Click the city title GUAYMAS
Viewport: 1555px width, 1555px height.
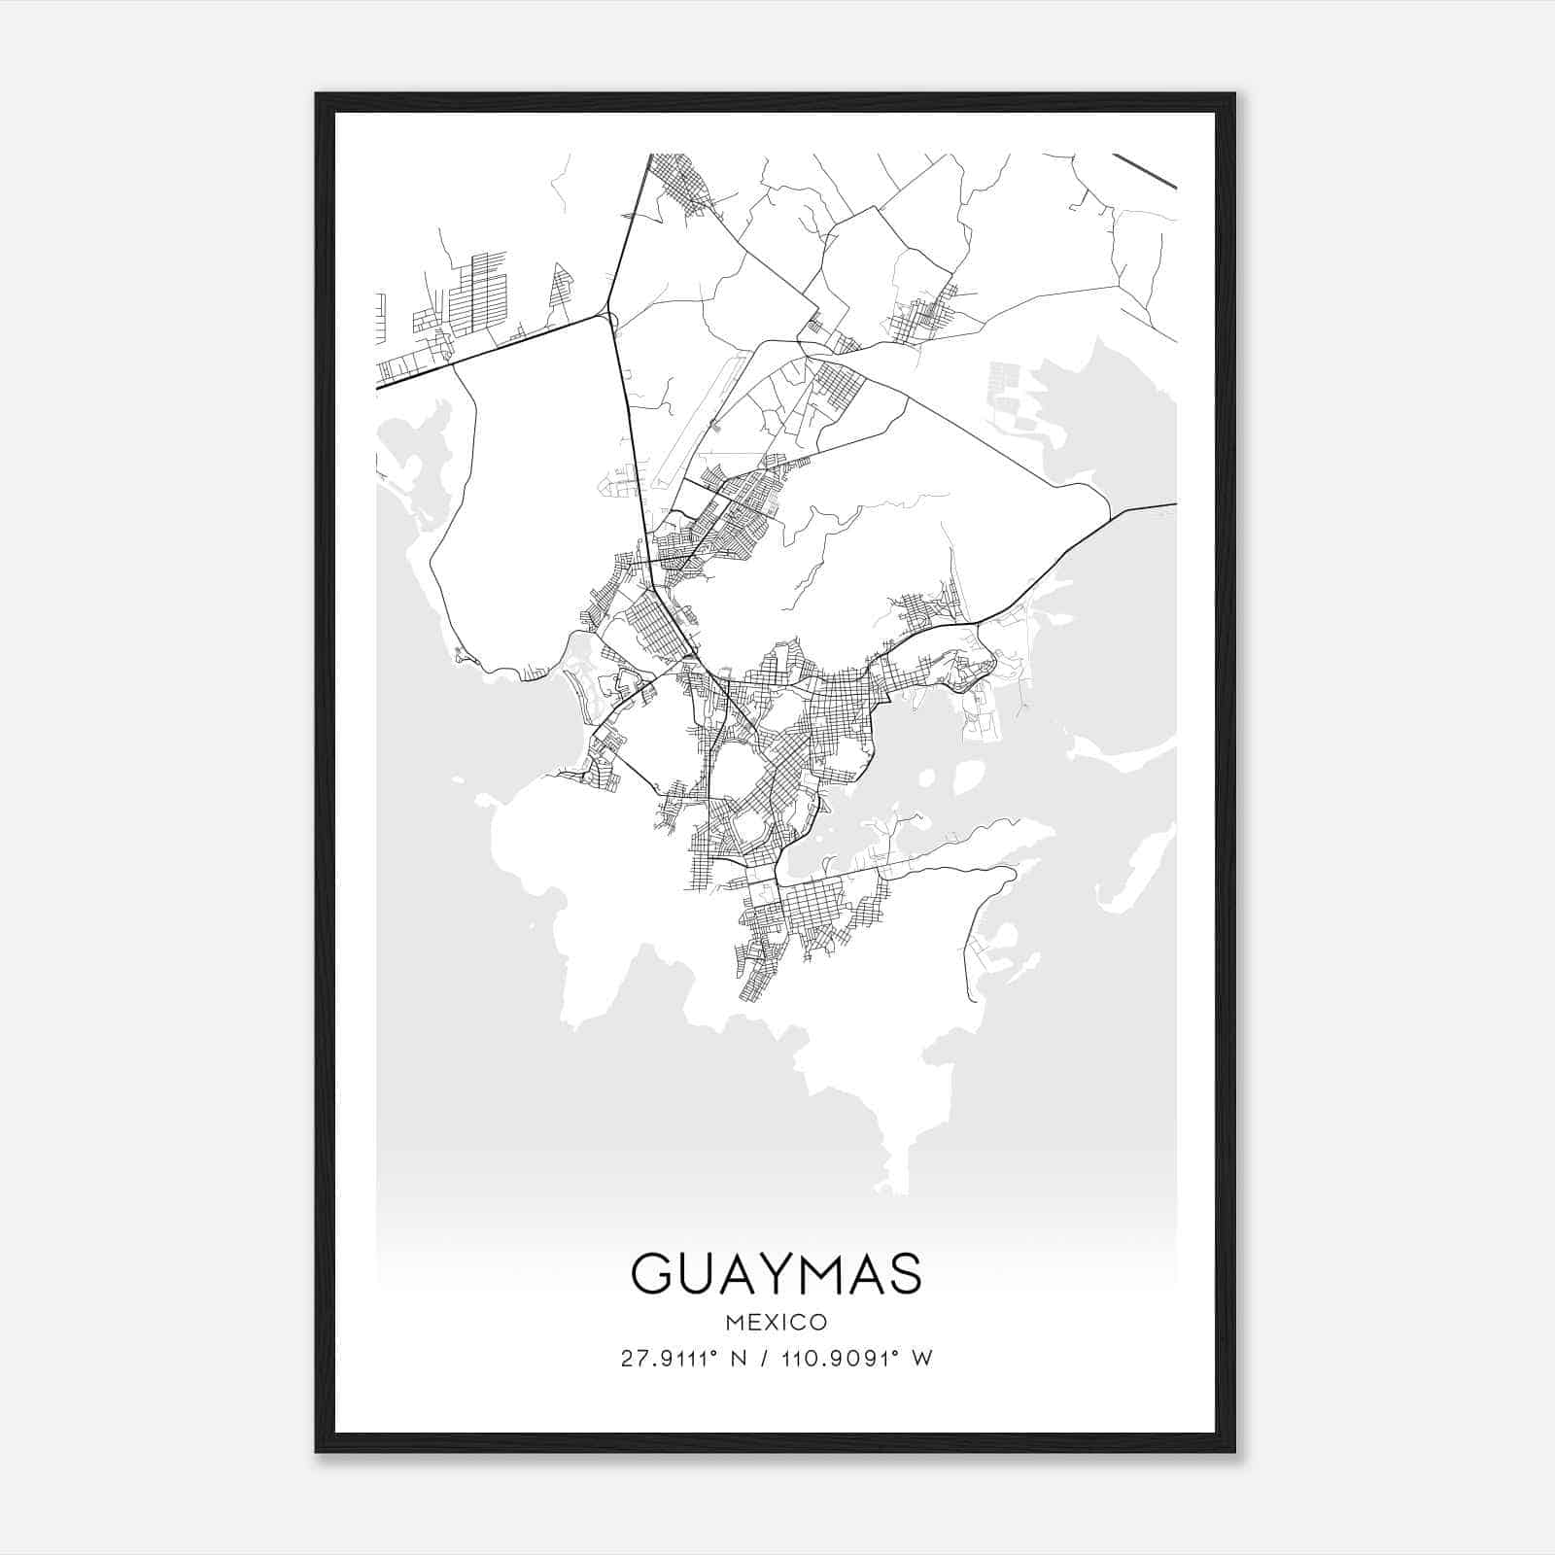[777, 1273]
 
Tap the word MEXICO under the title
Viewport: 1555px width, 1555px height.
[777, 1323]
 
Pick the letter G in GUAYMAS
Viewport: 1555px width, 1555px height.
[653, 1273]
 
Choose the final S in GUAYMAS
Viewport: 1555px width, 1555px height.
[903, 1273]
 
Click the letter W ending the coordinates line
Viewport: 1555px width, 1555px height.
[923, 1359]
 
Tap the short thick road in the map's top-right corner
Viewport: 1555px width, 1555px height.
[1145, 170]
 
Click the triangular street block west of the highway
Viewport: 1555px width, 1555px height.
[562, 292]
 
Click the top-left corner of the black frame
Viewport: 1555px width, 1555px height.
[317, 94]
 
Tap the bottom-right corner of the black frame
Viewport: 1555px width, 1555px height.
[1234, 1451]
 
